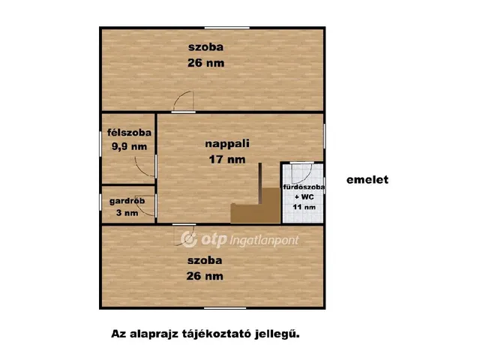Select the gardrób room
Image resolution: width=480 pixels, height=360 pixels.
click(x=127, y=203)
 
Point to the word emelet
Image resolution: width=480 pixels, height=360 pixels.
click(x=367, y=180)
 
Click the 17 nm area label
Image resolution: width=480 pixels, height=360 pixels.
click(x=226, y=159)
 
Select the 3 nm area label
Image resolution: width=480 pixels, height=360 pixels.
click(x=127, y=212)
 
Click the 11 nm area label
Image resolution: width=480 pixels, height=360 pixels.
click(x=304, y=207)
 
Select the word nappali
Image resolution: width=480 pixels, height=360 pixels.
click(x=226, y=142)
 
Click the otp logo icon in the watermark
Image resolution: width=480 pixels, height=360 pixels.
click(x=187, y=238)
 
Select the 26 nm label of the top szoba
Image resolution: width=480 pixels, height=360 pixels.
click(x=205, y=64)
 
